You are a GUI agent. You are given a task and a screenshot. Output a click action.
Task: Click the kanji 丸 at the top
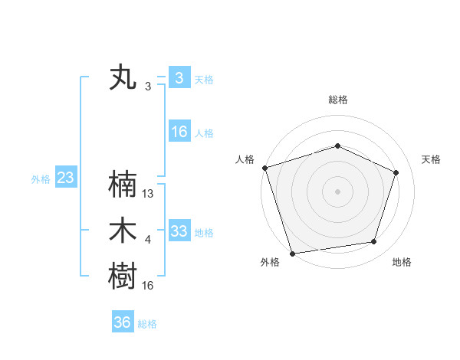click(x=123, y=78)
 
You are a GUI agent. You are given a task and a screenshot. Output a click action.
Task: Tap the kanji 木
click(x=123, y=231)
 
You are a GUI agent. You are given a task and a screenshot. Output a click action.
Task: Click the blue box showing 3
click(x=179, y=78)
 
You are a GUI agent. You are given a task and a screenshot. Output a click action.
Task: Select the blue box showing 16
click(x=179, y=132)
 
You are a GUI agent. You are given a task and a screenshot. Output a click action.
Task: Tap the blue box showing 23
click(x=65, y=178)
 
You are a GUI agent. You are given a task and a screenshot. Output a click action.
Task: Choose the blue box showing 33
click(x=179, y=231)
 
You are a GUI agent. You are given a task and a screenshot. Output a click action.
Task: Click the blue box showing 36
click(x=122, y=322)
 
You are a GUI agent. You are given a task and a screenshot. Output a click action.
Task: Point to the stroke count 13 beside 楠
click(x=149, y=194)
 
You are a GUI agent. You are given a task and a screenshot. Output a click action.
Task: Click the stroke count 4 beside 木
click(x=148, y=240)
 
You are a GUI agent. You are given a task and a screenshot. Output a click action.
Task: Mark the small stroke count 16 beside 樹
click(x=149, y=286)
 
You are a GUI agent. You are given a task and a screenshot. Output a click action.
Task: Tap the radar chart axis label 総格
click(x=338, y=100)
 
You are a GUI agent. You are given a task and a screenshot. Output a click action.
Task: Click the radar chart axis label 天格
click(x=432, y=159)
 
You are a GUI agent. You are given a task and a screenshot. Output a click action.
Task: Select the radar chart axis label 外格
click(x=270, y=262)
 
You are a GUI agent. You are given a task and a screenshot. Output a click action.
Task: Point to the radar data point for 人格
click(x=264, y=168)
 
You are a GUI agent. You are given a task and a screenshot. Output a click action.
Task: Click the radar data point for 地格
click(x=374, y=242)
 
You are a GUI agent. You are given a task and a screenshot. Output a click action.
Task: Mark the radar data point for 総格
click(x=338, y=146)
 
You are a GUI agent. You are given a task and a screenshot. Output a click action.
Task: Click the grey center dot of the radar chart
click(x=338, y=191)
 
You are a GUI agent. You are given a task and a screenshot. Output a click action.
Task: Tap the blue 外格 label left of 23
click(x=41, y=179)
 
